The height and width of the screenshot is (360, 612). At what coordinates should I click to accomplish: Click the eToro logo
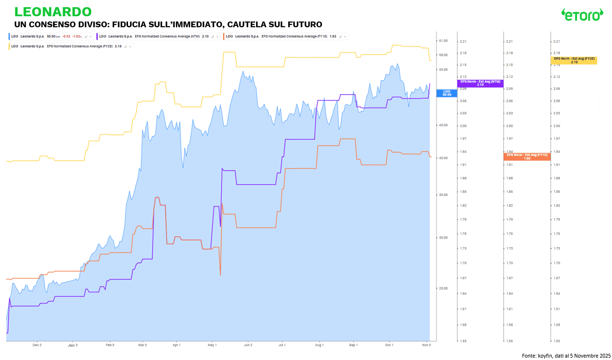[582, 15]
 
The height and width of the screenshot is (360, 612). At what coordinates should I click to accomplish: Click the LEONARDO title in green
[53, 11]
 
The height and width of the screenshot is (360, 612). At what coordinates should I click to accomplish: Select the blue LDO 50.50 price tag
[447, 93]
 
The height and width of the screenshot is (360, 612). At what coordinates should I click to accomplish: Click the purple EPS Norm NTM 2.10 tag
[480, 83]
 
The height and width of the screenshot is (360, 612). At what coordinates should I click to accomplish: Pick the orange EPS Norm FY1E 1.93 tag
[527, 156]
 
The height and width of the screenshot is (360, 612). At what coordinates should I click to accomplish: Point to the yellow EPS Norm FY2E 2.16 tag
[574, 60]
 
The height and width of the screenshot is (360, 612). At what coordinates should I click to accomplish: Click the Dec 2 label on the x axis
[37, 344]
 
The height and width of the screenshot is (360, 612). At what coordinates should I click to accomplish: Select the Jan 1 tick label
[73, 344]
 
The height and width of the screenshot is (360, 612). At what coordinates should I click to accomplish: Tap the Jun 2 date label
[247, 344]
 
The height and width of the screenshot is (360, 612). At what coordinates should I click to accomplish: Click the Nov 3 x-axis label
[427, 344]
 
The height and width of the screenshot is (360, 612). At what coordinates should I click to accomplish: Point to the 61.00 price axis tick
[443, 41]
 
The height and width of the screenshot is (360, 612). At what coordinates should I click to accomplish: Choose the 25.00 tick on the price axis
[443, 288]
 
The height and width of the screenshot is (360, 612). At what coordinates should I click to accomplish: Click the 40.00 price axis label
[443, 158]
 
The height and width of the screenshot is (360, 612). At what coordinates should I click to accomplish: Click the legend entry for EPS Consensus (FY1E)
[285, 36]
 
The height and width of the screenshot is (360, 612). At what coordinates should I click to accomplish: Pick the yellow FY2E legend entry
[69, 46]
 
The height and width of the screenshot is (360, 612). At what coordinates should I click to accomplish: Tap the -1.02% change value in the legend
[76, 36]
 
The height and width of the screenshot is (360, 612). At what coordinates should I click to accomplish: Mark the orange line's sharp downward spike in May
[220, 274]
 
